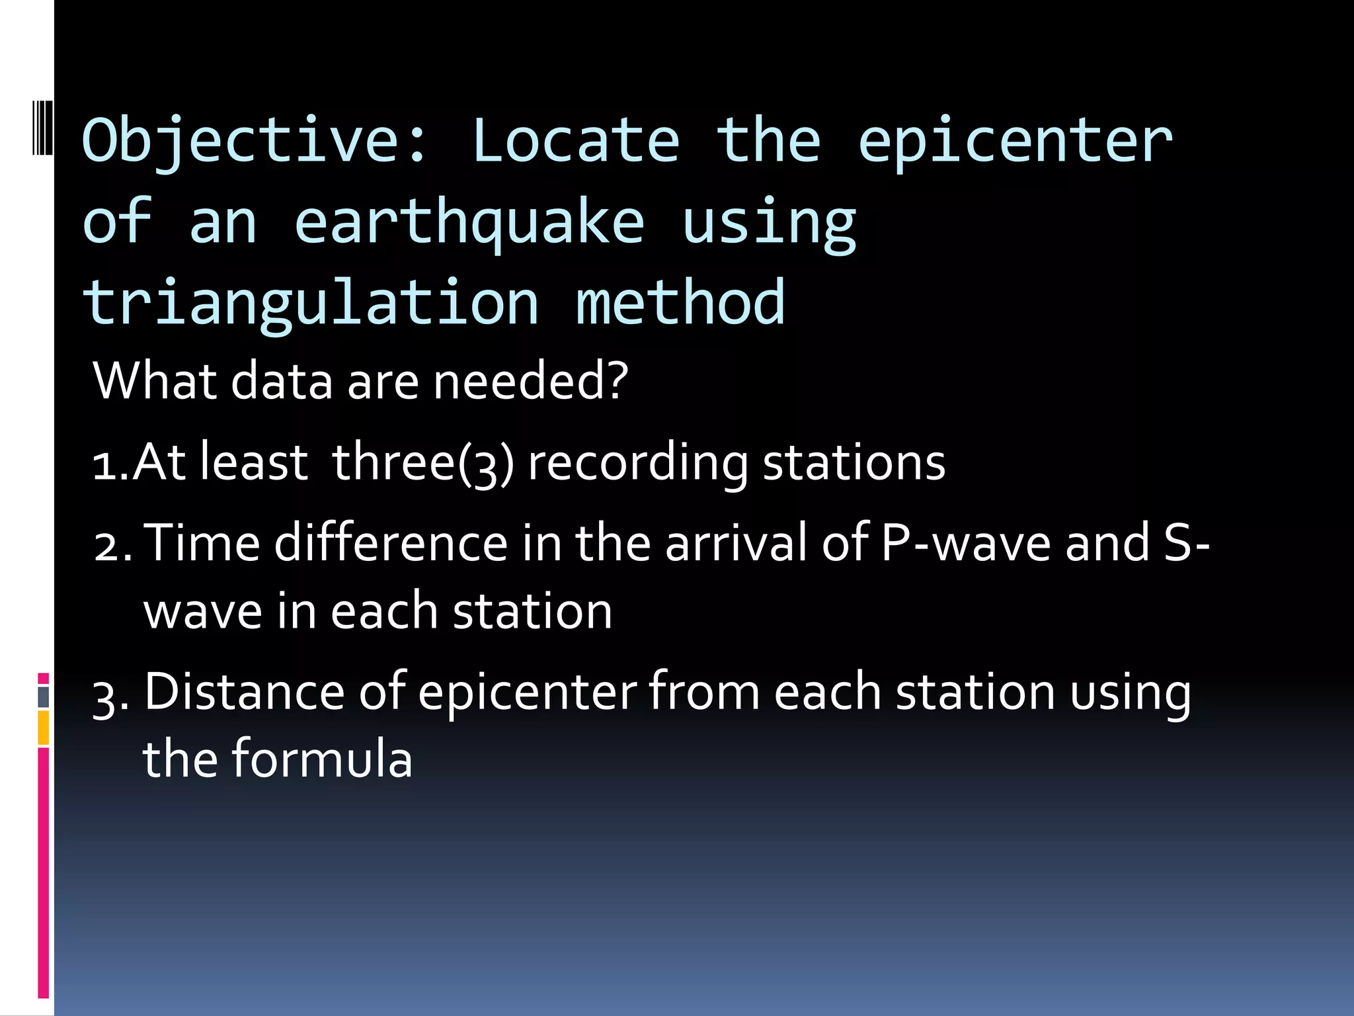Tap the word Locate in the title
click(x=575, y=141)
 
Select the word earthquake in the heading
click(x=469, y=224)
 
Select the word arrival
click(x=736, y=544)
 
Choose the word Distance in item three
click(x=245, y=693)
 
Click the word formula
click(x=322, y=759)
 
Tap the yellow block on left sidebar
click(x=43, y=728)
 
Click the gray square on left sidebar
click(x=43, y=697)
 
